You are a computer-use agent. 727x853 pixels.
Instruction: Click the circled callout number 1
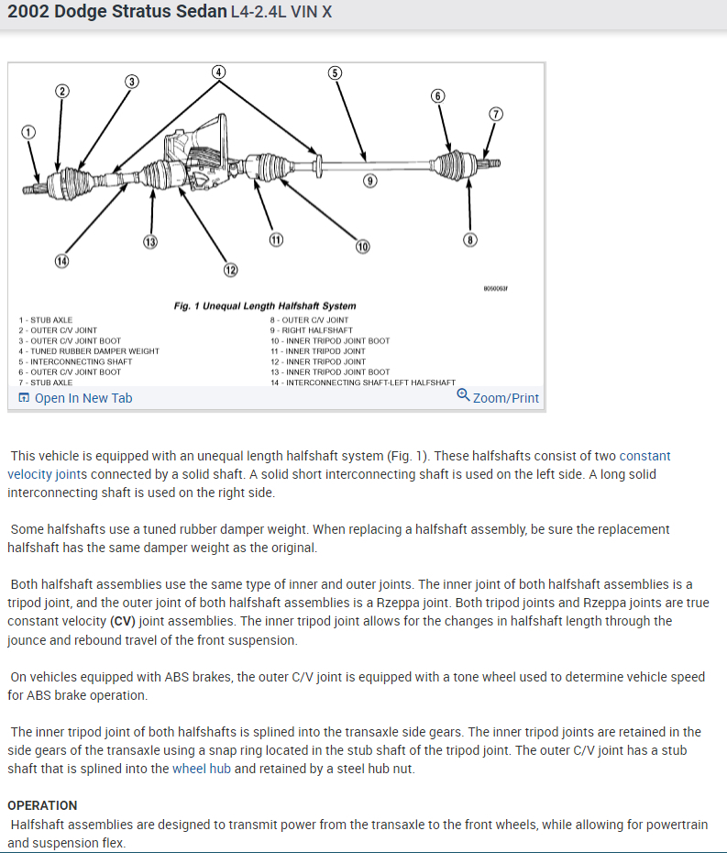(x=28, y=132)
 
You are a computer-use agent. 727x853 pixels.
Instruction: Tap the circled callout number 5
(x=335, y=72)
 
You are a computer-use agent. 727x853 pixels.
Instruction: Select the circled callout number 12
(x=230, y=270)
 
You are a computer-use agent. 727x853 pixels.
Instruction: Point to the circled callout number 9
(x=369, y=181)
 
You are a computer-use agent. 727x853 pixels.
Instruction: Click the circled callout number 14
(x=61, y=261)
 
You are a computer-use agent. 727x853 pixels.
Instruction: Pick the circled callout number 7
(x=496, y=115)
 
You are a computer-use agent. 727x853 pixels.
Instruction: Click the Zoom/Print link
(x=506, y=398)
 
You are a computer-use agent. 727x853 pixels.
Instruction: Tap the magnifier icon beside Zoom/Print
(x=464, y=396)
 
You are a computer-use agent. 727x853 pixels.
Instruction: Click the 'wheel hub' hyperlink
(x=201, y=769)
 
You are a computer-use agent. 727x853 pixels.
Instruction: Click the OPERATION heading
(x=41, y=805)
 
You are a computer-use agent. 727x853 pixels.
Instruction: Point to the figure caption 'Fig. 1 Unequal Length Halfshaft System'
(x=265, y=305)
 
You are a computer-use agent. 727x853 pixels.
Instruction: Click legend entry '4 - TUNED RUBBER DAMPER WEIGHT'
(x=89, y=351)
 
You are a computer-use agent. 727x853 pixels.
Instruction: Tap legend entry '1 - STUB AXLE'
(x=46, y=320)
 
